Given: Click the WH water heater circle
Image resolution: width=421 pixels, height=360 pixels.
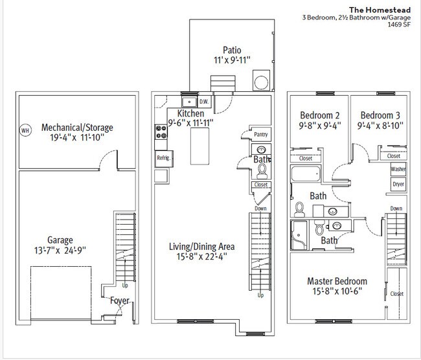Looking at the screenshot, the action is click(x=25, y=131).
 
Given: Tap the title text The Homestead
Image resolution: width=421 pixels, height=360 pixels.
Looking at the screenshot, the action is click(x=380, y=10).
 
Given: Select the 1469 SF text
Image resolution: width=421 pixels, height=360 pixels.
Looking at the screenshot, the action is click(x=399, y=24).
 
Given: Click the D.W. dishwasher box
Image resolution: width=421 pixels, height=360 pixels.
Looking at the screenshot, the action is click(x=204, y=102).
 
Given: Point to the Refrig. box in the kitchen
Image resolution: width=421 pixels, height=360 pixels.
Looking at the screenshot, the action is click(x=164, y=159).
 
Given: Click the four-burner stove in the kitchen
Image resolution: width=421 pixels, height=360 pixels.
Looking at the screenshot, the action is click(x=161, y=132).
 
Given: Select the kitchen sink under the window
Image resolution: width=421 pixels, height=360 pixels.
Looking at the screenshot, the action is click(x=190, y=102).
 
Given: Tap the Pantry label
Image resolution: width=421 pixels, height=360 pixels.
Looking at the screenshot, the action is click(x=261, y=134).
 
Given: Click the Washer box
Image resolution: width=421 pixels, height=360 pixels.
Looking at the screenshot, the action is click(x=398, y=169).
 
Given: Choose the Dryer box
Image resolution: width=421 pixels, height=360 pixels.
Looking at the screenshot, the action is click(x=398, y=184).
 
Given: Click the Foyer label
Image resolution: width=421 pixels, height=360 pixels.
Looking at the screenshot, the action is click(x=120, y=300).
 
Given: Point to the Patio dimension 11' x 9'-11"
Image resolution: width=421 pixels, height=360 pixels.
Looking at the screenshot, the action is click(x=232, y=60).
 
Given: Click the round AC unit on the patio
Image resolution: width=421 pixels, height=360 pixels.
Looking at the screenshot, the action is click(x=261, y=82).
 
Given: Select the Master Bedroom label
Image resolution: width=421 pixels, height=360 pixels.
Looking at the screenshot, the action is click(x=337, y=281).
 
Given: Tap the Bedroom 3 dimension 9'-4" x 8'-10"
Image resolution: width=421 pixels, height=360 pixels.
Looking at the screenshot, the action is click(x=380, y=126).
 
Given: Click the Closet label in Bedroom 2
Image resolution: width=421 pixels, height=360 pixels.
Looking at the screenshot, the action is click(x=306, y=159).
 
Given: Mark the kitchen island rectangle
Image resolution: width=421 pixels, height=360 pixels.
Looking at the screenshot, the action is click(x=199, y=146).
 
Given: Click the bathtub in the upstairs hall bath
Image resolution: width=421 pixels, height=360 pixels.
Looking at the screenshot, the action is click(x=306, y=174).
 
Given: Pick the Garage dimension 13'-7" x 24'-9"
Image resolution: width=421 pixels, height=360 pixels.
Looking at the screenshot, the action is click(x=60, y=250).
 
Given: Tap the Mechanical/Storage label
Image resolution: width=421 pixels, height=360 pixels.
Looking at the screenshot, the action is click(x=77, y=128).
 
